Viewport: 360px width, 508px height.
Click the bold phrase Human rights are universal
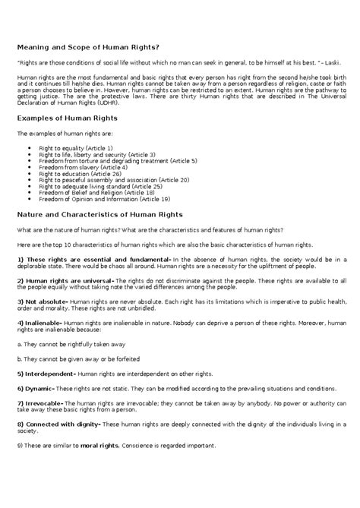(x=67, y=281)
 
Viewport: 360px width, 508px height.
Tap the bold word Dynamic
(x=38, y=389)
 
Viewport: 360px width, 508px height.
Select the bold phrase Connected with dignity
(x=61, y=424)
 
